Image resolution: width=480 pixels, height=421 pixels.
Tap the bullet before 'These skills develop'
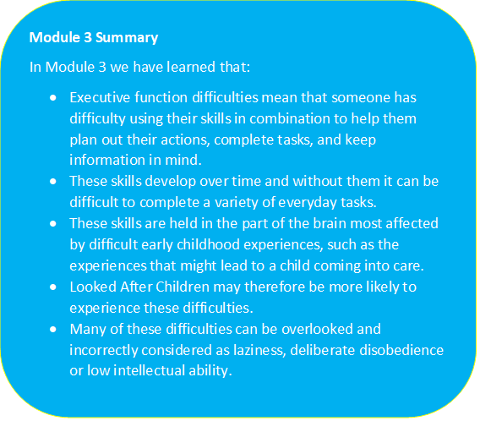coord(54,180)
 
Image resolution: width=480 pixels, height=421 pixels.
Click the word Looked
coord(91,286)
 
